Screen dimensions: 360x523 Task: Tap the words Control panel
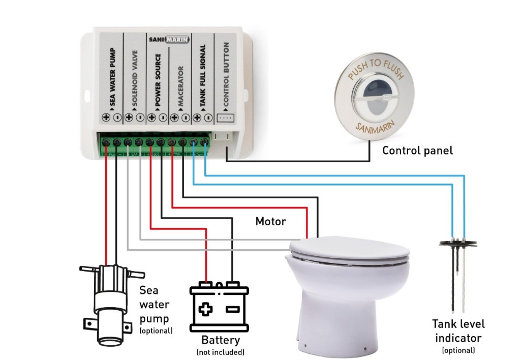click(x=417, y=151)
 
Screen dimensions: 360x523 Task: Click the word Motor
click(x=270, y=221)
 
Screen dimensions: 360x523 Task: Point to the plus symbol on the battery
click(x=205, y=309)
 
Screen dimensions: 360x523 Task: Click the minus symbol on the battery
click(x=232, y=309)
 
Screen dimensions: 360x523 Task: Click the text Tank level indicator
click(x=458, y=331)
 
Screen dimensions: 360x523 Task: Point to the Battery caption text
click(x=220, y=340)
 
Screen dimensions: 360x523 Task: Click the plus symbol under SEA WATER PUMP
click(x=107, y=117)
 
